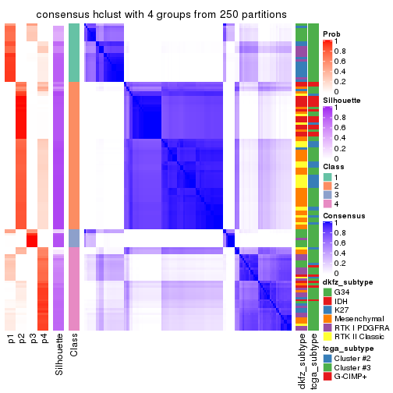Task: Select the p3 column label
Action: [x=33, y=339]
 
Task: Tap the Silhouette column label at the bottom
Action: [x=59, y=356]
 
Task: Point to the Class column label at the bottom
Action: [x=74, y=347]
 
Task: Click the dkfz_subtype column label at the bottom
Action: [x=301, y=363]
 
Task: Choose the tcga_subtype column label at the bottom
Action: [x=313, y=363]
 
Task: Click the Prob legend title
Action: [x=331, y=34]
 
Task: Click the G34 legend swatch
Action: [x=328, y=292]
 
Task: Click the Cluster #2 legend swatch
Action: [x=328, y=359]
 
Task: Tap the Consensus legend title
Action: [x=344, y=215]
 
